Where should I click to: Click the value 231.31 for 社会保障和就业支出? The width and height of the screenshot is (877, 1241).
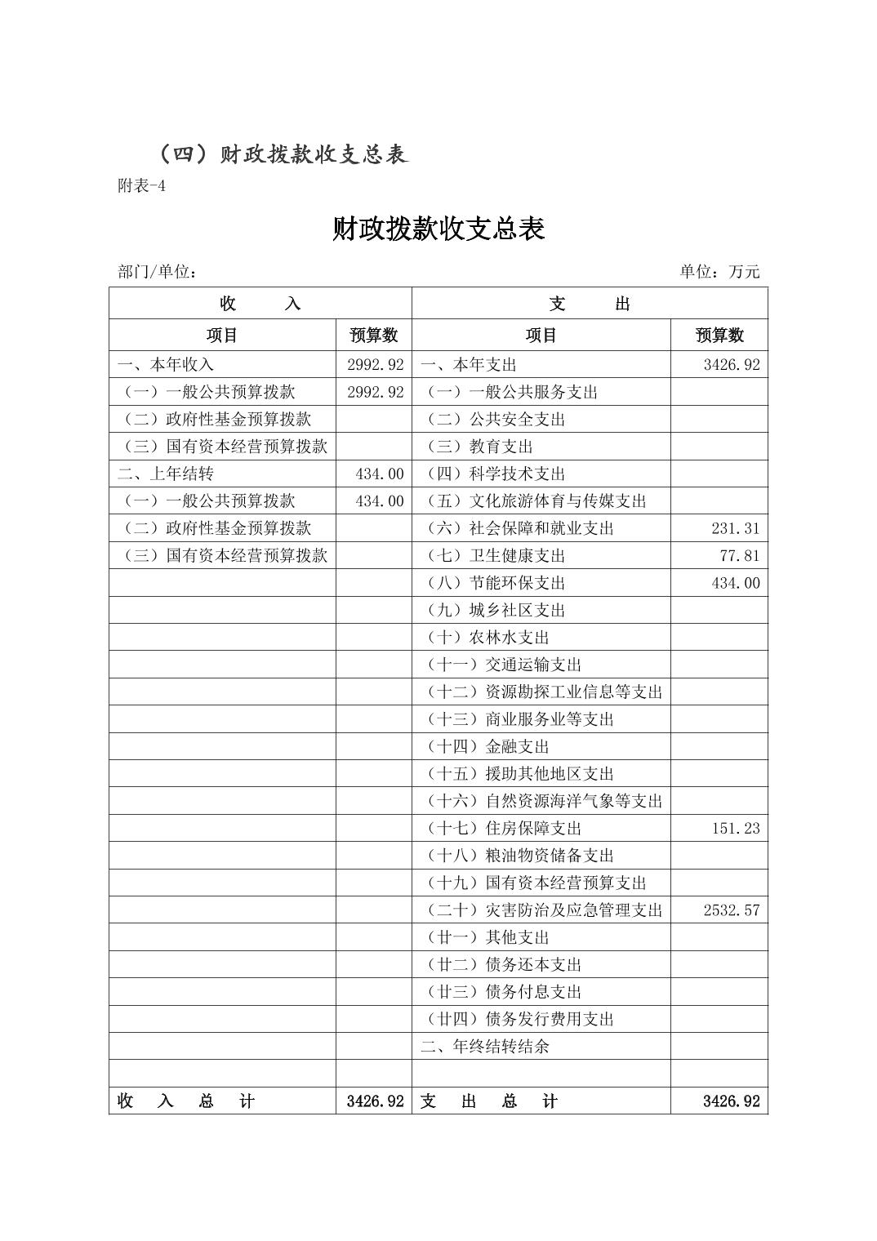tap(735, 528)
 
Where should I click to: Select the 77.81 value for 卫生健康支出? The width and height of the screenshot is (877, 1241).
tap(740, 556)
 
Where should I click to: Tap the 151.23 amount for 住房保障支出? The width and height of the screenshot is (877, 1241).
tap(735, 829)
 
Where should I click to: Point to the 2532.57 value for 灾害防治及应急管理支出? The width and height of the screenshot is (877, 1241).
tap(731, 910)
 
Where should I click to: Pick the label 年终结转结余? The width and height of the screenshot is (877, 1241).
tap(485, 1047)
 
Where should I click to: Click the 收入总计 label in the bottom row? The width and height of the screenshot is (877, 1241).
tap(186, 1101)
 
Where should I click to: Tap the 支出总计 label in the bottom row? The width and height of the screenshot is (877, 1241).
tap(488, 1101)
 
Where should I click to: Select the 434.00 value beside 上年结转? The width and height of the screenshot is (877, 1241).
tap(380, 474)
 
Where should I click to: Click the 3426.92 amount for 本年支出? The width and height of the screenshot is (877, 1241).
tap(731, 365)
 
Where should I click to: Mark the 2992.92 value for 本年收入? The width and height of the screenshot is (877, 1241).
tap(375, 365)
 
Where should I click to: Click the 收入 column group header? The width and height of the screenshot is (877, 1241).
tap(260, 304)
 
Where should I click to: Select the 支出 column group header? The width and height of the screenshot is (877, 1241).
tap(590, 304)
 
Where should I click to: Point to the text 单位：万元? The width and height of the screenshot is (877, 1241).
tap(719, 272)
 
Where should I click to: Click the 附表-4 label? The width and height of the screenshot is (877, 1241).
tap(142, 186)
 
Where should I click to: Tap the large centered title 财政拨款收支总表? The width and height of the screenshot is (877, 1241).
tap(438, 229)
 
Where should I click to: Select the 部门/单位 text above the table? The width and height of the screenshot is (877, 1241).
tap(157, 272)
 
